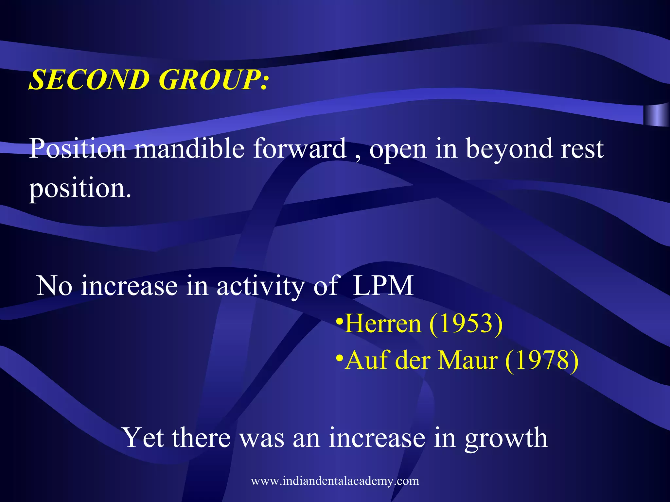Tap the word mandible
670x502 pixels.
pyautogui.click(x=190, y=149)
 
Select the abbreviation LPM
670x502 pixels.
pyautogui.click(x=383, y=286)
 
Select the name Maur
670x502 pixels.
pyautogui.click(x=468, y=360)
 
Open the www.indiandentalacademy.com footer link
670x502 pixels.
pyautogui.click(x=335, y=481)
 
